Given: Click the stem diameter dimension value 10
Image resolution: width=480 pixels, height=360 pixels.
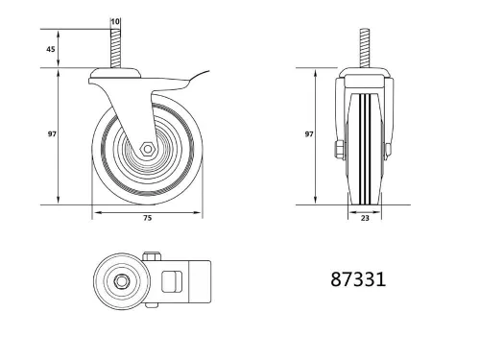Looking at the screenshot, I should click(116, 20).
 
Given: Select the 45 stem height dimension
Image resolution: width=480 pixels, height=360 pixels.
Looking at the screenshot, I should click(49, 49).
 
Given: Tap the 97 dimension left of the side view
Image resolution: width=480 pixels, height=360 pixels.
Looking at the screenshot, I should click(49, 135).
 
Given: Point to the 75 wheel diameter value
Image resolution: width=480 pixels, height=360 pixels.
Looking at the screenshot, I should click(148, 219).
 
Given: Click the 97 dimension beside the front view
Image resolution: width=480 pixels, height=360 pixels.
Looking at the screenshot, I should click(309, 135).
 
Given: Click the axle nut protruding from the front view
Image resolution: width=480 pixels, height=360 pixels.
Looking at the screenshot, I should click(337, 150).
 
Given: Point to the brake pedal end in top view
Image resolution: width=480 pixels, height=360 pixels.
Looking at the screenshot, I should click(197, 281).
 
